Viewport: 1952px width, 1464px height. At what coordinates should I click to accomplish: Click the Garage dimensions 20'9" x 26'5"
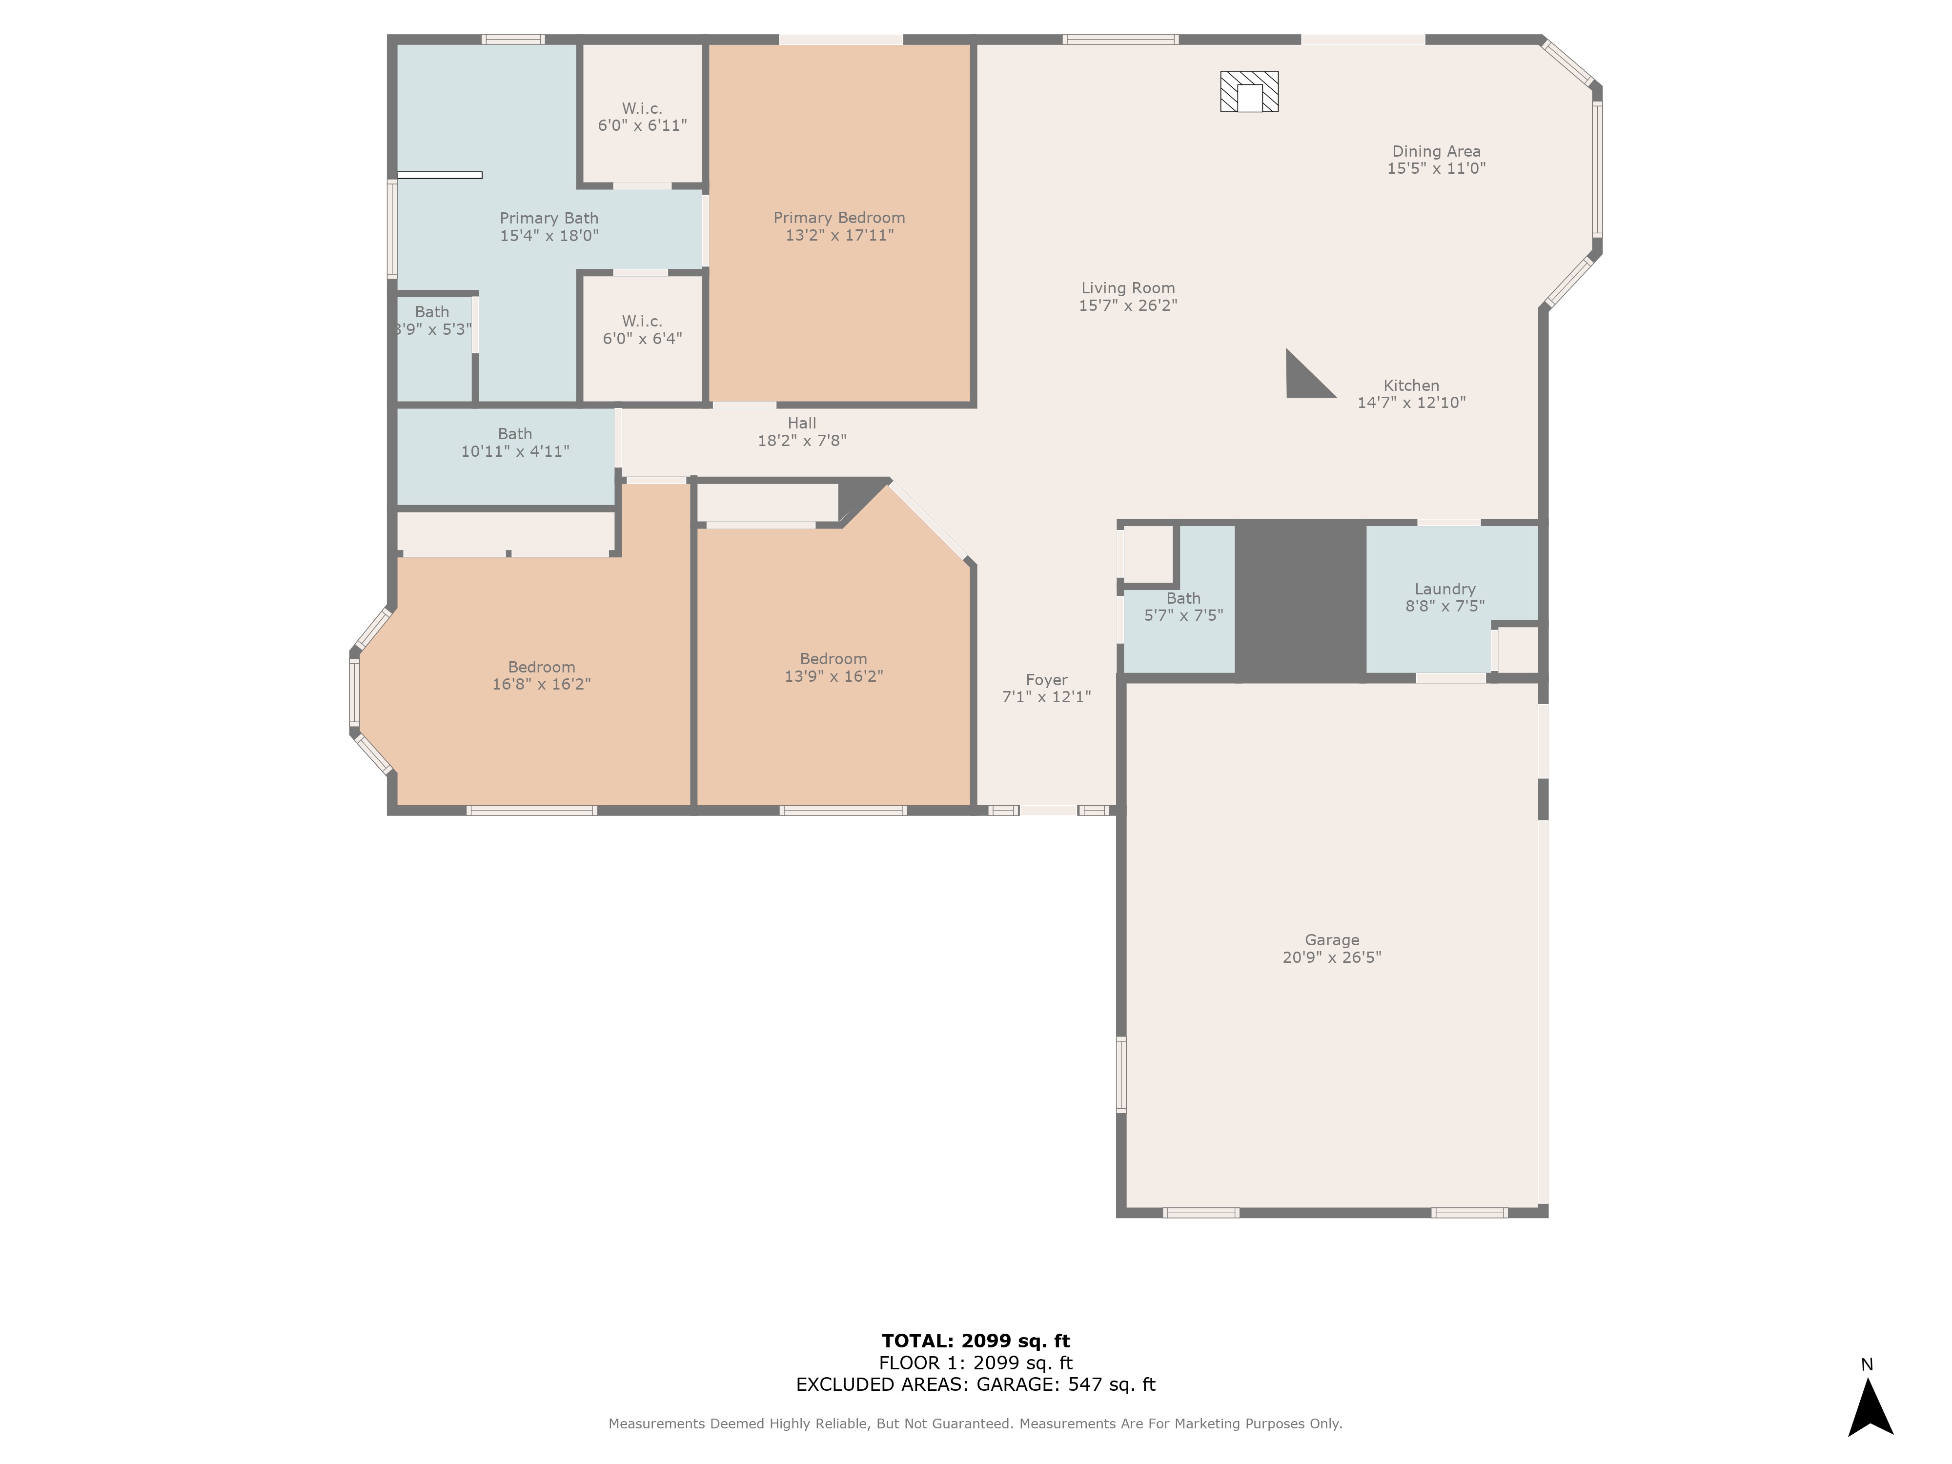pyautogui.click(x=1332, y=957)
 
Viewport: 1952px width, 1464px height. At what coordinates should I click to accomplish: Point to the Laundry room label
pyautogui.click(x=1444, y=590)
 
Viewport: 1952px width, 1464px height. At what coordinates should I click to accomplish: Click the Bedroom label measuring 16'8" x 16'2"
pyautogui.click(x=541, y=676)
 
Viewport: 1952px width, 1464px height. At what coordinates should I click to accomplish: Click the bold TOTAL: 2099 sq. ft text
pyautogui.click(x=975, y=1342)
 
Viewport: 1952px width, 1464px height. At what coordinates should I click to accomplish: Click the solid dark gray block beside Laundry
pyautogui.click(x=1300, y=600)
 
